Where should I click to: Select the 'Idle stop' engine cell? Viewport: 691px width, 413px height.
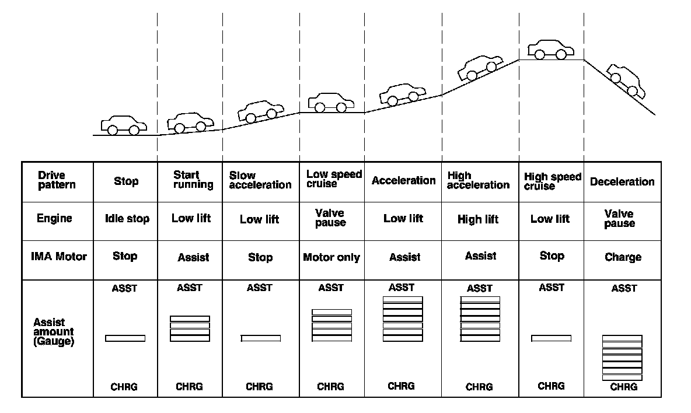[127, 219]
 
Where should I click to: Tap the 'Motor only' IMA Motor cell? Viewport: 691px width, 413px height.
[331, 257]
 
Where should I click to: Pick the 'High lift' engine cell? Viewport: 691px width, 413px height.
[478, 220]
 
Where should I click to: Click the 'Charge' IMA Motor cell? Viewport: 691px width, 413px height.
[623, 257]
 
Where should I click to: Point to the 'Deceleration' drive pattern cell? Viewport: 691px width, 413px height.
[622, 182]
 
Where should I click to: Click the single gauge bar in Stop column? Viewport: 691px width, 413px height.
[125, 338]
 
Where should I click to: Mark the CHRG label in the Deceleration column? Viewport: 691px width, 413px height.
[623, 387]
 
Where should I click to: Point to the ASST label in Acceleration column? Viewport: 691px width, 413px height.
[402, 288]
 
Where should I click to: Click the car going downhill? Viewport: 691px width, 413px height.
[626, 80]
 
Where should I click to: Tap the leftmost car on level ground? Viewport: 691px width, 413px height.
[123, 124]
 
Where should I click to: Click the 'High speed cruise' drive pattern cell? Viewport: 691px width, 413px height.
[552, 181]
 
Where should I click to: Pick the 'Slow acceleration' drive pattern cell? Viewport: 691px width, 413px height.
[260, 180]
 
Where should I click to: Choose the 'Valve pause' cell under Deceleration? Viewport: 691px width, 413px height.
[619, 219]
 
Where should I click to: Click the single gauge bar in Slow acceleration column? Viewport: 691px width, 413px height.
[261, 338]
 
